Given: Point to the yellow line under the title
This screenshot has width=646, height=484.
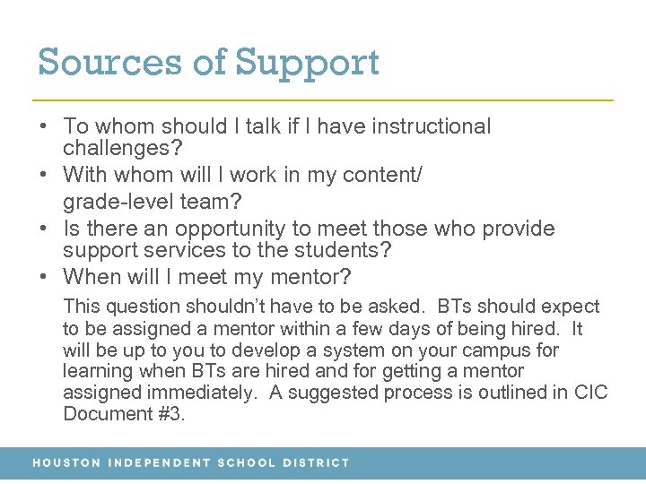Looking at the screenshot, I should click(x=323, y=99).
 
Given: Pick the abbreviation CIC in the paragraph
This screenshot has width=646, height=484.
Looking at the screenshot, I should click(x=589, y=393).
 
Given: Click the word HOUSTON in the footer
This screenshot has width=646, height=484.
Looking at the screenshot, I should click(x=66, y=463).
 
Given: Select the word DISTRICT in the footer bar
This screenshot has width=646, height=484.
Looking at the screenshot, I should click(x=316, y=463).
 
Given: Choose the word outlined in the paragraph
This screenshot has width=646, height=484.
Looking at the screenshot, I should click(x=490, y=393).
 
